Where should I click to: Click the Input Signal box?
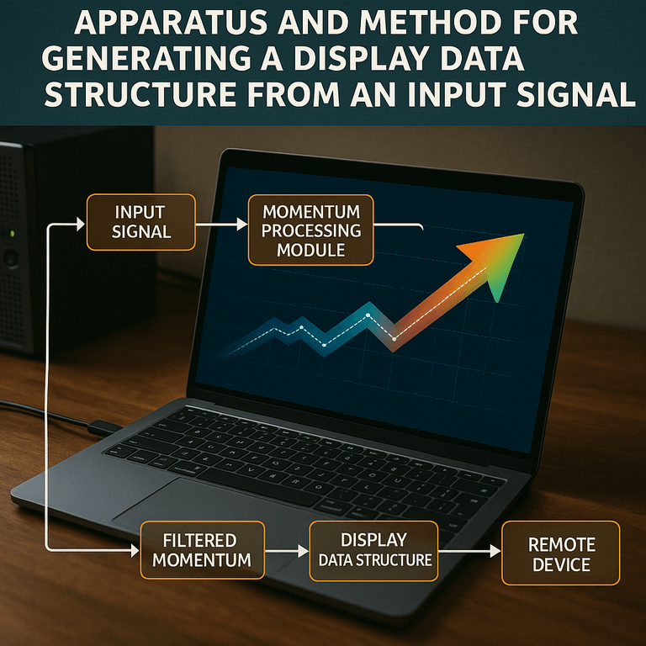(x=141, y=222)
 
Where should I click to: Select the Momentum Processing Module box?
(x=311, y=230)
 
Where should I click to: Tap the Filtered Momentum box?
(x=202, y=550)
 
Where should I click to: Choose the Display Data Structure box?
(x=373, y=551)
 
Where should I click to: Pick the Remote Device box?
(x=561, y=553)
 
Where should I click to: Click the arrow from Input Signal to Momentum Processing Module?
(x=222, y=225)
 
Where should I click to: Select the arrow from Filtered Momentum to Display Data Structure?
(x=287, y=551)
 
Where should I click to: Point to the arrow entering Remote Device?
(x=469, y=551)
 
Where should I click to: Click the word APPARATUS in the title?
(x=171, y=23)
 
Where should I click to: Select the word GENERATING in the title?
(x=146, y=59)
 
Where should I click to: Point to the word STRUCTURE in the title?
(x=140, y=94)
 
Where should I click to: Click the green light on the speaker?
(x=13, y=234)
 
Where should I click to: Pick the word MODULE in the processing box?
(x=311, y=250)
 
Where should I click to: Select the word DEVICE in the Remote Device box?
(x=561, y=564)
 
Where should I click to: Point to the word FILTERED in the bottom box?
(x=200, y=540)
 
